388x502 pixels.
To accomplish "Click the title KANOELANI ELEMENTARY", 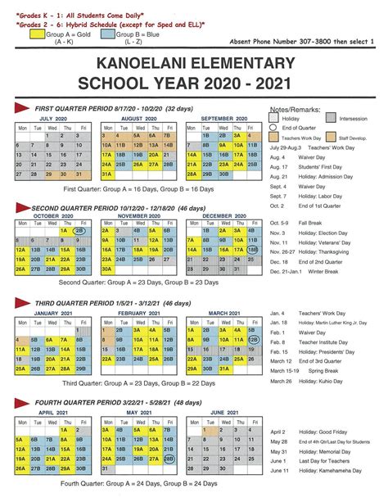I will pyautogui.click(x=194, y=62).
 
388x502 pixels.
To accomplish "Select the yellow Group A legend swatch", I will pyautogui.click(x=35, y=35).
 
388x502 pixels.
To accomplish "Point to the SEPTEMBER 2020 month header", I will pyautogui.click(x=224, y=118).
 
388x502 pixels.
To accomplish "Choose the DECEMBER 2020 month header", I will pyautogui.click(x=224, y=215).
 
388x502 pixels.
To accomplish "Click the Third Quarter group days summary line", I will pyautogui.click(x=133, y=382).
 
